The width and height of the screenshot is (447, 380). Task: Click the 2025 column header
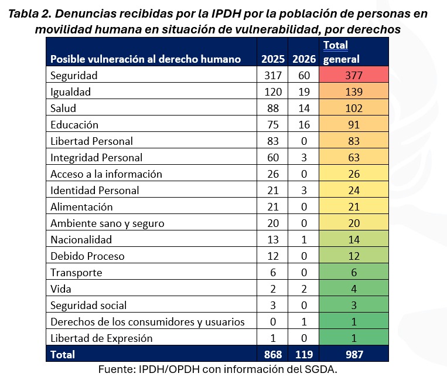272,59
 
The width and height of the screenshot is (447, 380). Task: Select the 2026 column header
303,59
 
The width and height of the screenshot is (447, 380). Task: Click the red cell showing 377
353,75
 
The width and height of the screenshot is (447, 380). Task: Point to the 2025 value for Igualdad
272,91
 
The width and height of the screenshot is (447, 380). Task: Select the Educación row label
74,124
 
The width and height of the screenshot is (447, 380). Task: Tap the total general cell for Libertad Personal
353,141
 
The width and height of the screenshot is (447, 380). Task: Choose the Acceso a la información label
106,174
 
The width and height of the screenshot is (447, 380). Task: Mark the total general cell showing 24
353,190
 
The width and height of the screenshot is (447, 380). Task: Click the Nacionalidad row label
81,239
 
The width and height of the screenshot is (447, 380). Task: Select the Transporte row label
76,272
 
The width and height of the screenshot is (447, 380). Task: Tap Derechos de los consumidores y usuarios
147,321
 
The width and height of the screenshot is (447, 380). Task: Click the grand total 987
353,354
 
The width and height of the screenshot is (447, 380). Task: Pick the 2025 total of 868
272,354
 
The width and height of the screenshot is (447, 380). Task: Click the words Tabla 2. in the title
30,14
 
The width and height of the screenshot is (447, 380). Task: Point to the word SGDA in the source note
320,369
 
